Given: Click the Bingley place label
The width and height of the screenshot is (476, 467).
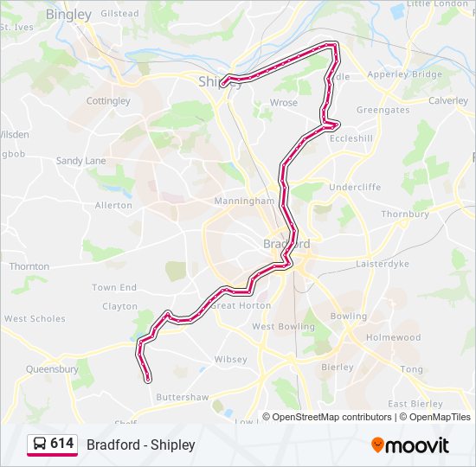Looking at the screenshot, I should [x=68, y=15].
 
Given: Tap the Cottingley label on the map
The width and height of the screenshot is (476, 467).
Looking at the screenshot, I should [x=108, y=101].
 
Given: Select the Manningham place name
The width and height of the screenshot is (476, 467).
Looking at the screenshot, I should [x=245, y=201].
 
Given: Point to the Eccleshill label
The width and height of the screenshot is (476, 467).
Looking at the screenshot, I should [x=352, y=138].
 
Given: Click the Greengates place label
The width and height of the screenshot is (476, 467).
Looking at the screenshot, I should [x=383, y=111].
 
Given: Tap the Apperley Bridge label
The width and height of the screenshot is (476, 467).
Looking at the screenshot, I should [x=405, y=75].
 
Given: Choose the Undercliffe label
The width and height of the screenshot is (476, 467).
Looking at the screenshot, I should [x=355, y=187].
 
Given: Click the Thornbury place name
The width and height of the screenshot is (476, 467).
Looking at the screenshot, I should [x=405, y=214].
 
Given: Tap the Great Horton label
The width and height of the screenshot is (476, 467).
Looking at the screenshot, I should [x=241, y=305].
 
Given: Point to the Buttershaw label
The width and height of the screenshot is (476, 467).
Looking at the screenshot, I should [x=182, y=397].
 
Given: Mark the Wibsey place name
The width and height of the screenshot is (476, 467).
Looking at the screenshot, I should [x=230, y=359].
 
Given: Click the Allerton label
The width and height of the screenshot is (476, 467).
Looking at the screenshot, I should [x=113, y=205].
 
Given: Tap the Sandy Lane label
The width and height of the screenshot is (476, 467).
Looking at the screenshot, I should [x=80, y=161].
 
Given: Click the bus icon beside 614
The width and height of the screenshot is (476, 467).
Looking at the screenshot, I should [x=40, y=445].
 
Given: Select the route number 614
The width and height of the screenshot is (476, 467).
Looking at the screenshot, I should [x=61, y=444].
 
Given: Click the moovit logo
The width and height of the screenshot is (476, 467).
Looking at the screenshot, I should [x=410, y=445].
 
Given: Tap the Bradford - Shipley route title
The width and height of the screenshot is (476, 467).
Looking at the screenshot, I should [x=141, y=445].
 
